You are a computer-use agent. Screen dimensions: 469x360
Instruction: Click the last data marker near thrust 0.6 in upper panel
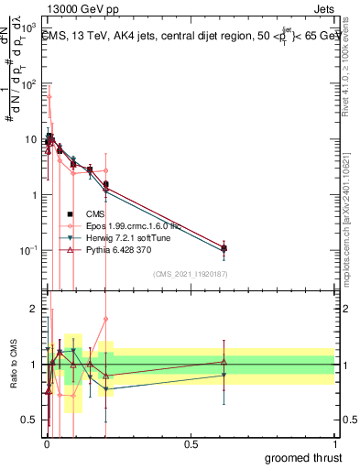coord(224,248)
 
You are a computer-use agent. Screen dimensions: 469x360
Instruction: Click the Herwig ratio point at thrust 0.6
coord(224,375)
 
